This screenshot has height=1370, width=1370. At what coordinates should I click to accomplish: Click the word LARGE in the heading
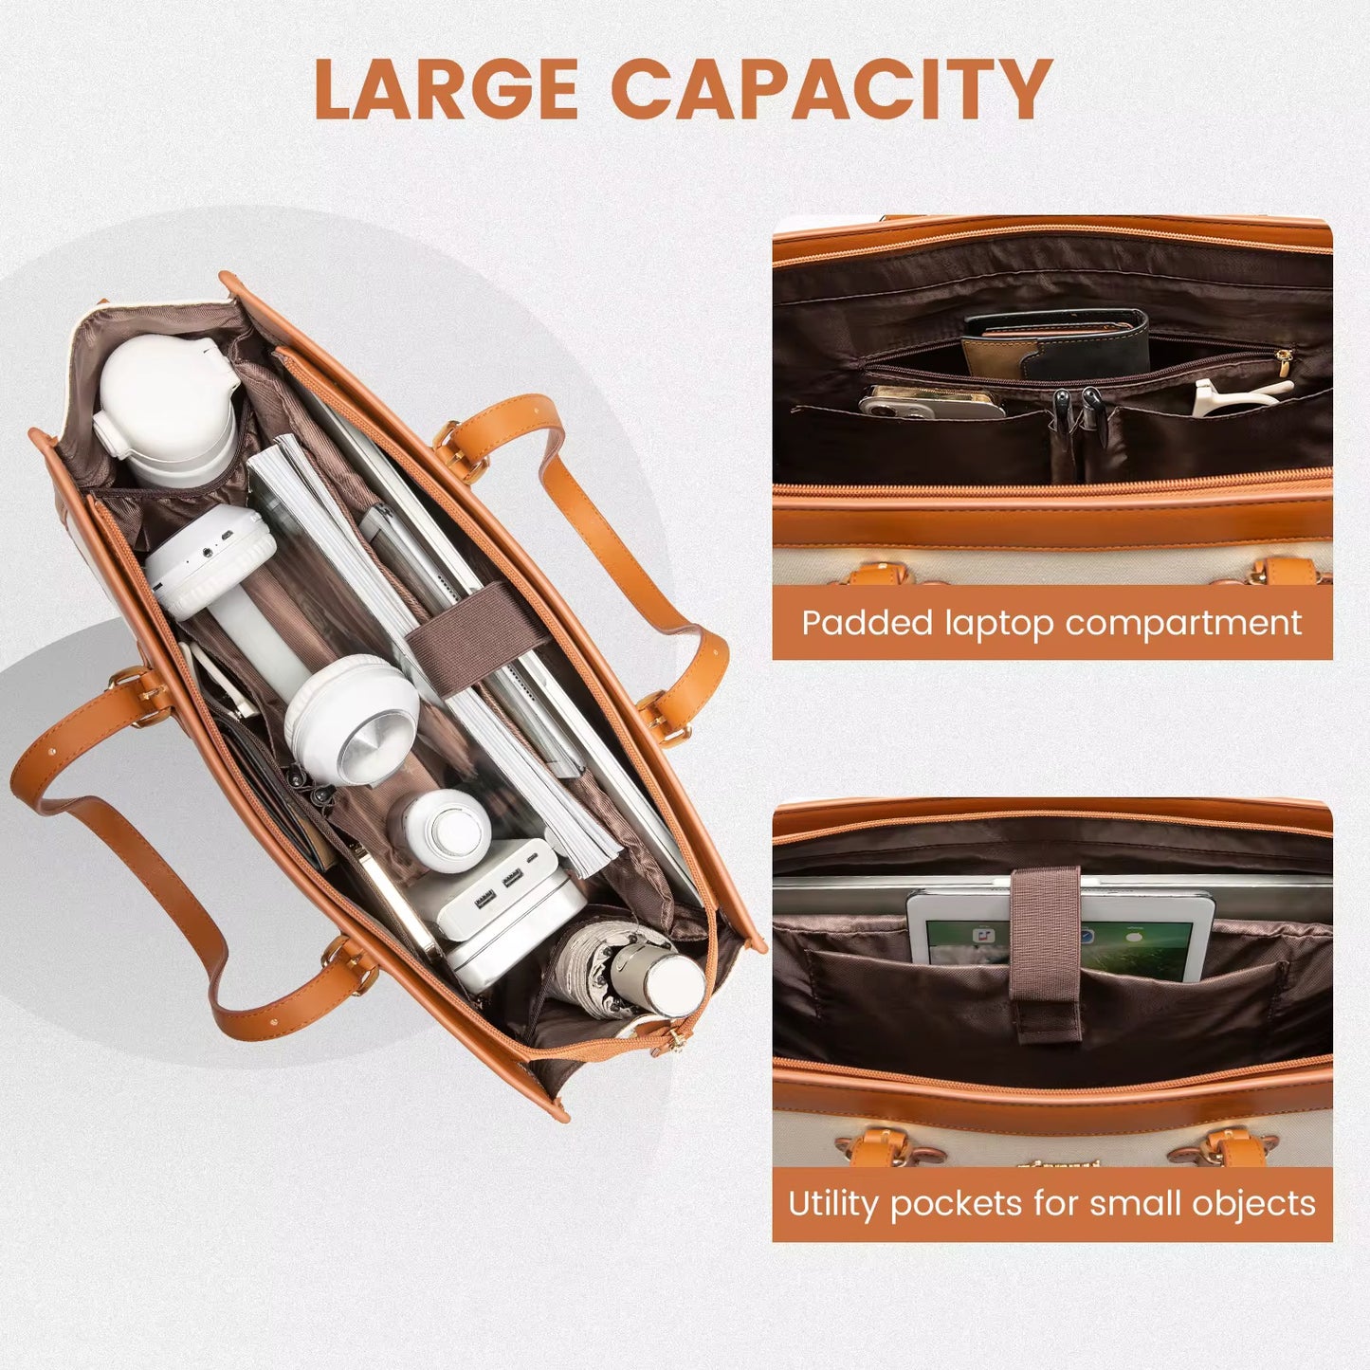446,89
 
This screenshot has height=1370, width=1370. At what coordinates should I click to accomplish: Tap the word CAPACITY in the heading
831,89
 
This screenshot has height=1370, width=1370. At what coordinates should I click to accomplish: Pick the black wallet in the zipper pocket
1057,345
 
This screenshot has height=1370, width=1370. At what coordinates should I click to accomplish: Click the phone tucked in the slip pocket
930,403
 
